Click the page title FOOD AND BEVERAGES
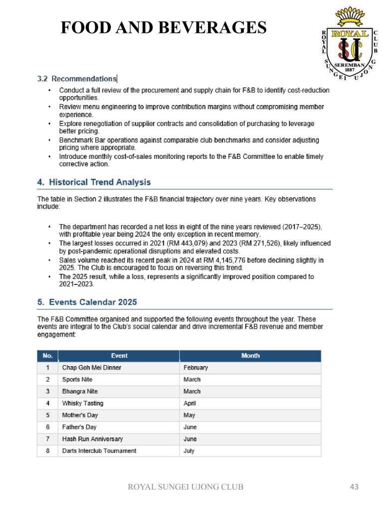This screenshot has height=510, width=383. [164, 27]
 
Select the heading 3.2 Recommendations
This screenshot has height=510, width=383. [77, 79]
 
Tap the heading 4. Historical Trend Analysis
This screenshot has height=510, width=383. [94, 182]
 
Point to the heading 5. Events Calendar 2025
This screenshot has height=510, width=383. [87, 302]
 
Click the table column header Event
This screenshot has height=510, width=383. [119, 356]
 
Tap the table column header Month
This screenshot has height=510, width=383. [250, 356]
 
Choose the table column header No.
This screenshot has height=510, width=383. [48, 356]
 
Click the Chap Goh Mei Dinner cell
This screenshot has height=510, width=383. [92, 368]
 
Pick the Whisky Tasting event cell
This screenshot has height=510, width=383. [83, 403]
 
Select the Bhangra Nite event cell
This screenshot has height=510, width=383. [80, 391]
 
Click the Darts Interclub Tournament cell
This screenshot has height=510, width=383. [99, 451]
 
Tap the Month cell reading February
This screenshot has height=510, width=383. [195, 368]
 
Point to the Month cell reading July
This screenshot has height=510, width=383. [189, 451]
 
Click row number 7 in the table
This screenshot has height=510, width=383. [48, 439]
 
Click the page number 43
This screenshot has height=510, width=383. [354, 487]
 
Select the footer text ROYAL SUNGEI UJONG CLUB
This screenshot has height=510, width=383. [186, 487]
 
